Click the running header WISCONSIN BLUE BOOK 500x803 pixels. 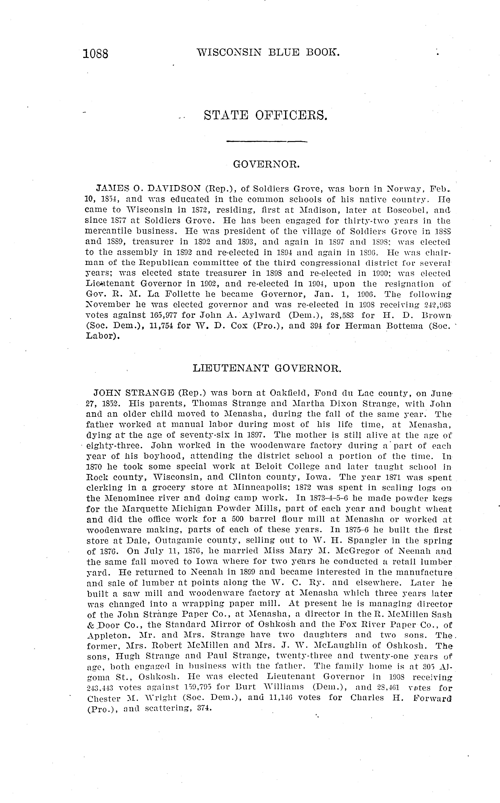pyautogui.click(x=268, y=52)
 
